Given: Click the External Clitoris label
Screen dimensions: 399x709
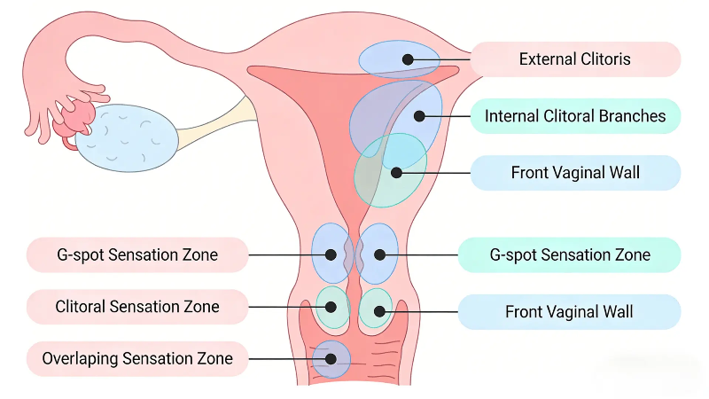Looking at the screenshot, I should tap(574, 59).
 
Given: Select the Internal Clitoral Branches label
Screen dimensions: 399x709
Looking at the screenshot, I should tap(574, 116).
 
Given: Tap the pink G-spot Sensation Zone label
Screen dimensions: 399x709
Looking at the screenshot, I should tap(136, 254).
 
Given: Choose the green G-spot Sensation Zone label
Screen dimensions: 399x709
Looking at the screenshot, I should tap(570, 254).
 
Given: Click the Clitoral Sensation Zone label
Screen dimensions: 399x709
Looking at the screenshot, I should tap(136, 307).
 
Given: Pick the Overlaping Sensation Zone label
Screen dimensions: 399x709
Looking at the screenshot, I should tap(136, 358).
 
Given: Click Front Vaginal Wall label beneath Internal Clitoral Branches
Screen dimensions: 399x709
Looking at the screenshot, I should tap(574, 173).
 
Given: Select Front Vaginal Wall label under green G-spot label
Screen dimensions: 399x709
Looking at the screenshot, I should tap(570, 311).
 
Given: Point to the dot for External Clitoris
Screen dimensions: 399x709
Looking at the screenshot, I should tap(408, 59).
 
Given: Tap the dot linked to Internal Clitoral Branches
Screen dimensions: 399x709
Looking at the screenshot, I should tap(420, 116).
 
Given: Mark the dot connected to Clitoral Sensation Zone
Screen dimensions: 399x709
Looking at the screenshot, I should tap(331, 308).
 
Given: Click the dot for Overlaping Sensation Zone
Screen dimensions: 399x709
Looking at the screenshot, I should tap(331, 359).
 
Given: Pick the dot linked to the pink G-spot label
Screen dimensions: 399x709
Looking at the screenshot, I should tap(331, 254).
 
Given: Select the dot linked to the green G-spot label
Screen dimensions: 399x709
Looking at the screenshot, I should tap(379, 254).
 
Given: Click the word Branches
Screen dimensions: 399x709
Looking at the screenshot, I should tap(634, 116).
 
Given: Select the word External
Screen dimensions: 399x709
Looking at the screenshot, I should tap(547, 59).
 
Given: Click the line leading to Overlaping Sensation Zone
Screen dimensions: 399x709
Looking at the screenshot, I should tap(284, 359).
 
